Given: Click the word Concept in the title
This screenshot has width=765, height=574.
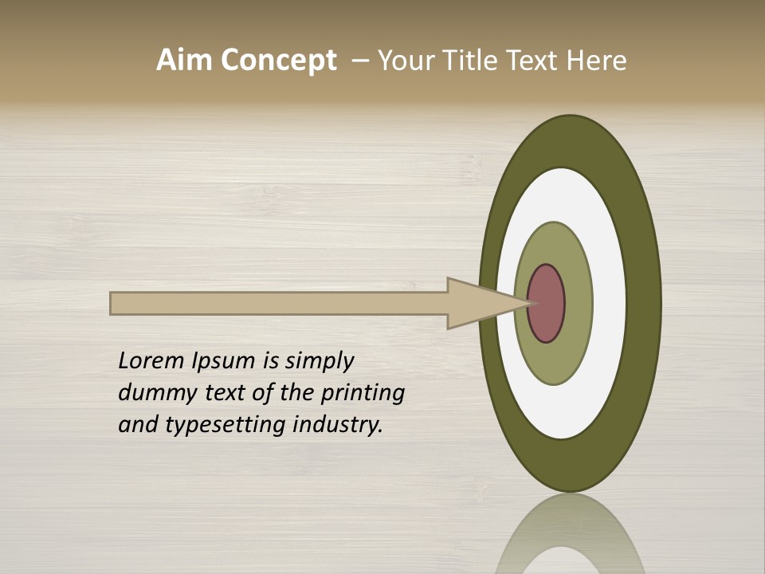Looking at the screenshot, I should point(278,61).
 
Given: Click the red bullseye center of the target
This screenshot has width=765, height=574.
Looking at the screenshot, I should point(547,303).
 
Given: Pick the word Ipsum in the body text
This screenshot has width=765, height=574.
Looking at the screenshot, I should point(224,361).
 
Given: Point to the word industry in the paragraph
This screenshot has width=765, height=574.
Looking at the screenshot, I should point(338,425).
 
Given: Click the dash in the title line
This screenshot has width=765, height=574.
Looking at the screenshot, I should point(360,61).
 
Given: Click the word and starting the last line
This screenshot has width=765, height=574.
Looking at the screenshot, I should point(137,425).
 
